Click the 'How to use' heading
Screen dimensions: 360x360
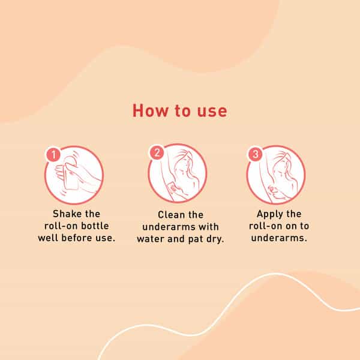click(x=180, y=111)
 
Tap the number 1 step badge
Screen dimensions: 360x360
click(x=53, y=155)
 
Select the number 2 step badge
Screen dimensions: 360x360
click(x=157, y=152)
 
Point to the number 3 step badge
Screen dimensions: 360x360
click(x=256, y=154)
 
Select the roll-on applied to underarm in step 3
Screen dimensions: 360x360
click(x=274, y=190)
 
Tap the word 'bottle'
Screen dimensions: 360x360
click(x=95, y=226)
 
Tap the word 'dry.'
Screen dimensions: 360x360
click(x=215, y=239)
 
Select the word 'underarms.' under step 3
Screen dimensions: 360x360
click(x=279, y=238)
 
